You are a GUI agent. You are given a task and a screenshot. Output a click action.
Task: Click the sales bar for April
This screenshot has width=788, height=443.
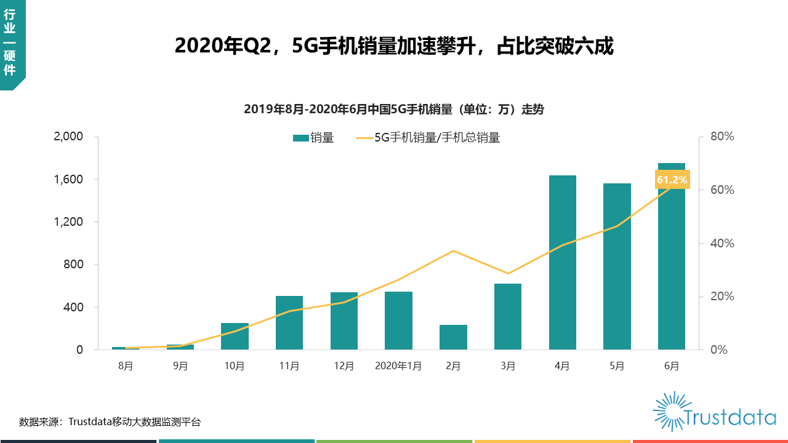(x=562, y=263)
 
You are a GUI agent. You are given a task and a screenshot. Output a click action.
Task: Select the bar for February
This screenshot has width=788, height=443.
(x=453, y=337)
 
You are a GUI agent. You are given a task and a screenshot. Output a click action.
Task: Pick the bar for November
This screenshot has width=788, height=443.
(x=289, y=323)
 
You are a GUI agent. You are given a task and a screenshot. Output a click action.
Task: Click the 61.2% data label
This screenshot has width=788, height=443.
(x=672, y=180)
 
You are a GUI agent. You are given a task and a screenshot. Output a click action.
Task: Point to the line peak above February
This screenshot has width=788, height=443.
(x=453, y=250)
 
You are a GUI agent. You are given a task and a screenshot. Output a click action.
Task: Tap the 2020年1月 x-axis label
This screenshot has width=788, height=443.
(x=398, y=366)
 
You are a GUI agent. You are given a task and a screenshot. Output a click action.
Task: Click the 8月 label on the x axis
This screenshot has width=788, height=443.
(x=126, y=366)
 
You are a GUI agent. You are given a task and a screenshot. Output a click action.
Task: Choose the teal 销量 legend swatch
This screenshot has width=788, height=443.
(x=300, y=138)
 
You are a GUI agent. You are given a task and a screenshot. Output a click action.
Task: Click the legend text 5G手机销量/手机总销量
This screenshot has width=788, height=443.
(x=437, y=138)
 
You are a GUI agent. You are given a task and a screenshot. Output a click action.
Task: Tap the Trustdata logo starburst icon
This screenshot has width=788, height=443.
(x=669, y=410)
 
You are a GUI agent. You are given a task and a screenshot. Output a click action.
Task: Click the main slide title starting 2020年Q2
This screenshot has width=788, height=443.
(x=394, y=46)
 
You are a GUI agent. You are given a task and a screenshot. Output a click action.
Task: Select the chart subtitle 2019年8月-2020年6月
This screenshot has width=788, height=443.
(x=394, y=110)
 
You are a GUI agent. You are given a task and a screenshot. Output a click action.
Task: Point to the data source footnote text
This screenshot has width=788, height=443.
(x=110, y=422)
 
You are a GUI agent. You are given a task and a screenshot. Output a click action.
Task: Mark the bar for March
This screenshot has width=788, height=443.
(x=508, y=317)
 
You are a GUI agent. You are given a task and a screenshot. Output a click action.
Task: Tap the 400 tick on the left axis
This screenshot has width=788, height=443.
(x=73, y=307)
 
